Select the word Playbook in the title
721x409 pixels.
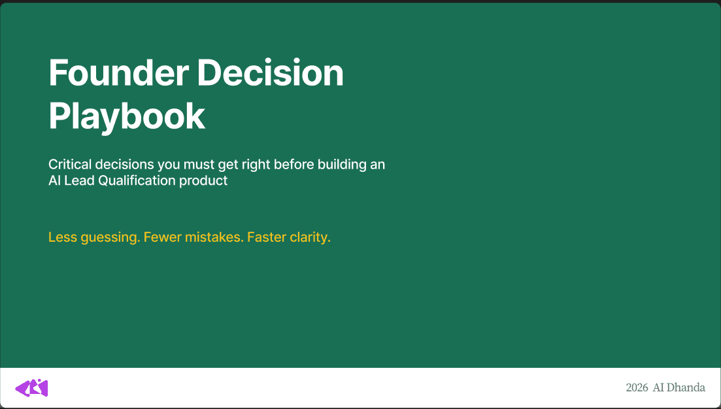click(127, 116)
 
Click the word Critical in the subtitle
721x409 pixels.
click(69, 165)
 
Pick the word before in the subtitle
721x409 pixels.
click(293, 165)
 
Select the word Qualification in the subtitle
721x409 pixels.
click(137, 181)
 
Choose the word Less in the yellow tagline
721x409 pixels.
click(62, 237)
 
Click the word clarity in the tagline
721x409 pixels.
click(310, 237)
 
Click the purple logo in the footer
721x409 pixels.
click(32, 388)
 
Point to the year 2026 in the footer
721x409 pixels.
click(637, 388)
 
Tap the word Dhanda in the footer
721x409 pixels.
click(686, 388)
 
